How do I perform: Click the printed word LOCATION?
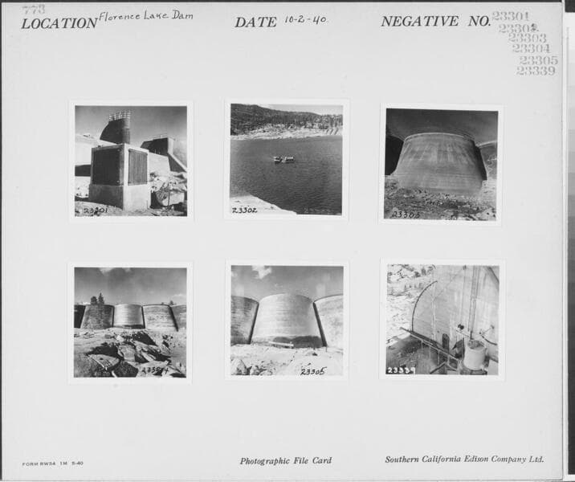tap(59, 23)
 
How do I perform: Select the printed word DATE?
tap(255, 22)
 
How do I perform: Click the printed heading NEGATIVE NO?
tap(434, 22)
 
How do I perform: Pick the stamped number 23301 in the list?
tap(510, 16)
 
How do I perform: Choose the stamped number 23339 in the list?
tap(535, 71)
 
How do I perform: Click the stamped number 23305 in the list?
tap(537, 60)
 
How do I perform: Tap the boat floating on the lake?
tap(283, 159)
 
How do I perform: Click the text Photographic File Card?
tap(285, 461)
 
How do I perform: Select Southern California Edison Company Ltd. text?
tap(464, 460)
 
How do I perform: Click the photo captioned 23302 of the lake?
tap(286, 159)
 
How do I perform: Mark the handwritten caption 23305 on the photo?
tap(312, 371)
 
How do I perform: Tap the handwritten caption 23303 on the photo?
tap(404, 214)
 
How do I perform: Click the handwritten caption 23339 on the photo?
tap(401, 370)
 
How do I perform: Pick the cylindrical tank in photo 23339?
tap(475, 355)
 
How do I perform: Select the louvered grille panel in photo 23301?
tap(137, 166)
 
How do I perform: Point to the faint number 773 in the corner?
tap(34, 10)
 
